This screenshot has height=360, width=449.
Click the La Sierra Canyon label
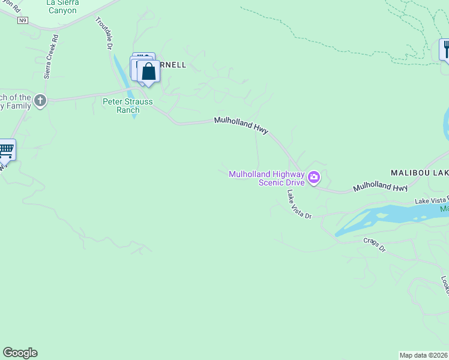(x=62, y=7)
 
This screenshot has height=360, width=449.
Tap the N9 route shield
(x=23, y=20)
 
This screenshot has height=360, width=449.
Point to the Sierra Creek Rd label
(x=51, y=55)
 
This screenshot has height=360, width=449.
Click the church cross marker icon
(x=40, y=100)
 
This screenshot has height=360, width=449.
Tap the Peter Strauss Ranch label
(x=127, y=106)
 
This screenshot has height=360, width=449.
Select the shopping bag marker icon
(x=149, y=73)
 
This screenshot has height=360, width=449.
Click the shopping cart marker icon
(x=5, y=149)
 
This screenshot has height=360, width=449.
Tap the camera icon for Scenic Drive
(x=313, y=178)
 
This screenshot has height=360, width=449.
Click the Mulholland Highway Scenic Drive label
(x=267, y=178)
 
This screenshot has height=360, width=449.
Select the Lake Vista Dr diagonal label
(x=299, y=204)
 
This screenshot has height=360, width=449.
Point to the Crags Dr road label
(x=374, y=244)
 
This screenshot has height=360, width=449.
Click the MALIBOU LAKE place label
(x=420, y=172)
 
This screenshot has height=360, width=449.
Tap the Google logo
(x=20, y=353)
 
